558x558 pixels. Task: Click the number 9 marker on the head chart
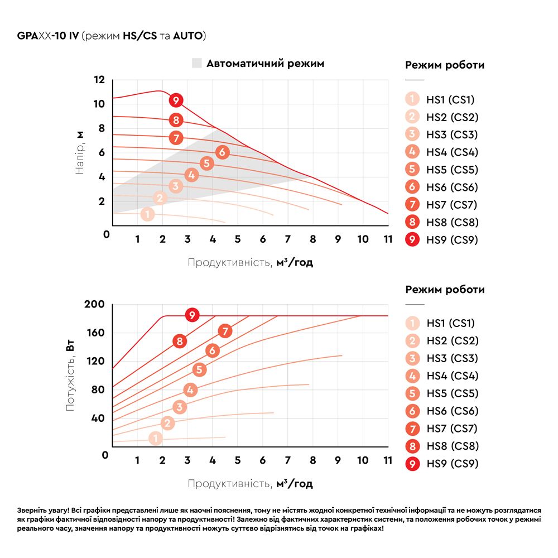(176, 100)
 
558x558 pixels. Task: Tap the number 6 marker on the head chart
(222, 152)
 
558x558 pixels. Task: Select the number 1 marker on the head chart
(147, 214)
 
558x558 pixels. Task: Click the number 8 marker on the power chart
(179, 341)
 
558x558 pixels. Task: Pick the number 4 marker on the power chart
(190, 390)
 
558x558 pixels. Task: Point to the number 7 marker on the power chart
(225, 331)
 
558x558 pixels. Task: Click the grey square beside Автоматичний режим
(196, 64)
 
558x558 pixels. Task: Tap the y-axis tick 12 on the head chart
(99, 80)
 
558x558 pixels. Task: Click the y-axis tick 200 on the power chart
(95, 305)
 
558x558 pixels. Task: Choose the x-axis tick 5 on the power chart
(237, 460)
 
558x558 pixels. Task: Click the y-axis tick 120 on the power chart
(95, 361)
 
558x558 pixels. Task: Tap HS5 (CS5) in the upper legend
(452, 170)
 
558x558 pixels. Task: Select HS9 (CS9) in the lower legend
(452, 464)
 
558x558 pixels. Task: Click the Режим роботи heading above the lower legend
(445, 290)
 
